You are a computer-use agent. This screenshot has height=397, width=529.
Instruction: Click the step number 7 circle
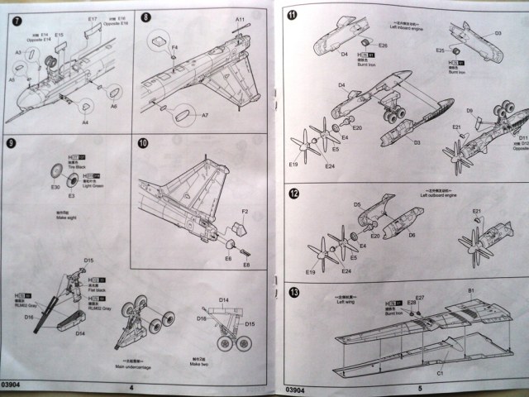pyautogui.click(x=18, y=17)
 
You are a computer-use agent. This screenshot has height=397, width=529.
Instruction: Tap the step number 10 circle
pyautogui.click(x=143, y=142)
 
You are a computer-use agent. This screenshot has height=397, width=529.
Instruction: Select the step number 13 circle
pyautogui.click(x=293, y=292)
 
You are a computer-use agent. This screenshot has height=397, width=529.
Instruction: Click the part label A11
pyautogui.click(x=240, y=18)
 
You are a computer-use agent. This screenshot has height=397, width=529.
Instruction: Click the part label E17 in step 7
pyautogui.click(x=92, y=17)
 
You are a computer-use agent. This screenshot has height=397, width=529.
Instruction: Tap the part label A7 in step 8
pyautogui.click(x=205, y=116)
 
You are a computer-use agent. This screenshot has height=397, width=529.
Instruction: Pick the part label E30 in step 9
pyautogui.click(x=55, y=187)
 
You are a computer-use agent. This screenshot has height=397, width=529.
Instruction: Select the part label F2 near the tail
pyautogui.click(x=245, y=213)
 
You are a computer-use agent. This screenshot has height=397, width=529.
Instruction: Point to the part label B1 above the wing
pyautogui.click(x=471, y=291)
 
